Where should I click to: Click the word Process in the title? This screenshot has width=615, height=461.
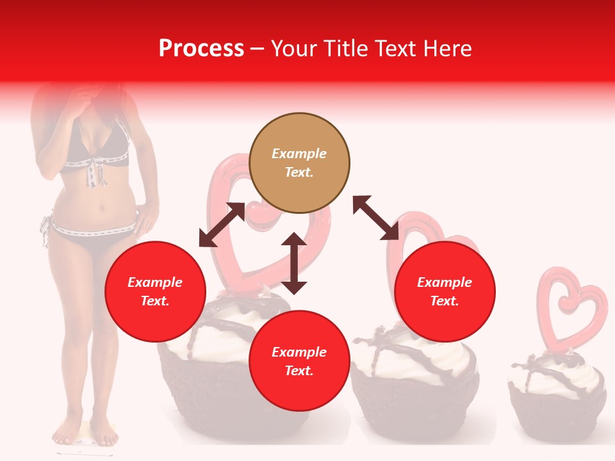201,49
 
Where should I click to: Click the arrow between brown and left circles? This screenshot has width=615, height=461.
222,225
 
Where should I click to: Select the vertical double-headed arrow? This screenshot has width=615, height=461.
294,263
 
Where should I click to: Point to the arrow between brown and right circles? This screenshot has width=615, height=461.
376,218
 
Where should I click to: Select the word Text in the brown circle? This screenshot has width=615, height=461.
299,172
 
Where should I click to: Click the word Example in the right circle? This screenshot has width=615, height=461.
445,282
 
